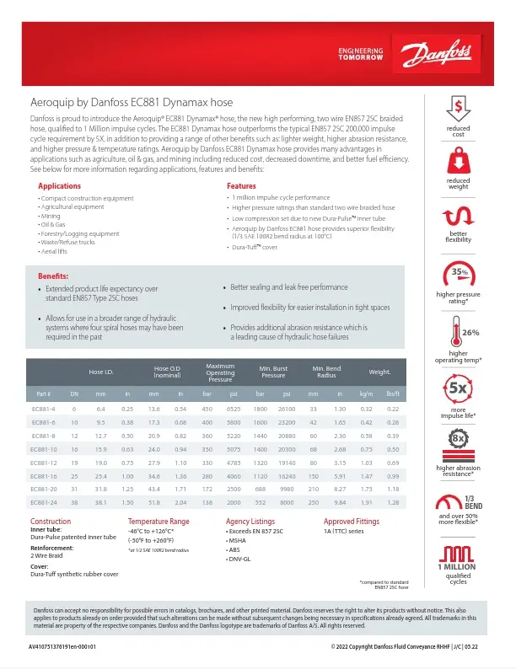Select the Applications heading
60,185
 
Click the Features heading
241,185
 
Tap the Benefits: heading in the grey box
56,276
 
